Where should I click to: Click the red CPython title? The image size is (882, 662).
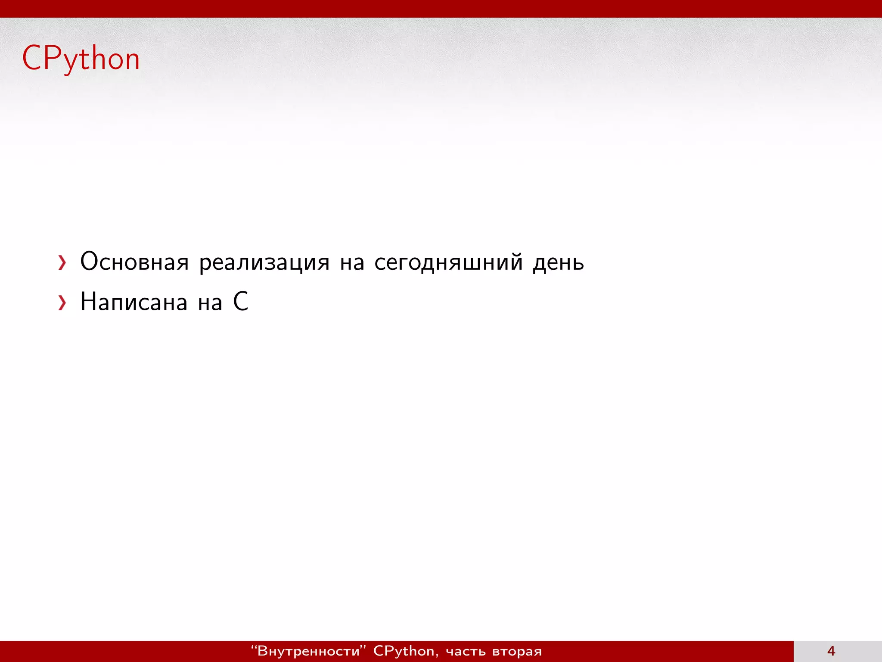[x=81, y=59]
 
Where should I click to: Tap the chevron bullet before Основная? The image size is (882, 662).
[x=62, y=262]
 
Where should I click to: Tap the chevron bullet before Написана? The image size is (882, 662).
[x=62, y=303]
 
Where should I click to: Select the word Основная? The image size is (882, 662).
[x=134, y=262]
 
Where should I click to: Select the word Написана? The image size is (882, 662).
[x=134, y=302]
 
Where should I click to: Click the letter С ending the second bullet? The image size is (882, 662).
[x=241, y=301]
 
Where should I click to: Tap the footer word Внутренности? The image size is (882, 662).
[x=308, y=651]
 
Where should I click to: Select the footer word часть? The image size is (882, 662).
[x=466, y=651]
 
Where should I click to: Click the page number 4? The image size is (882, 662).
[x=831, y=651]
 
